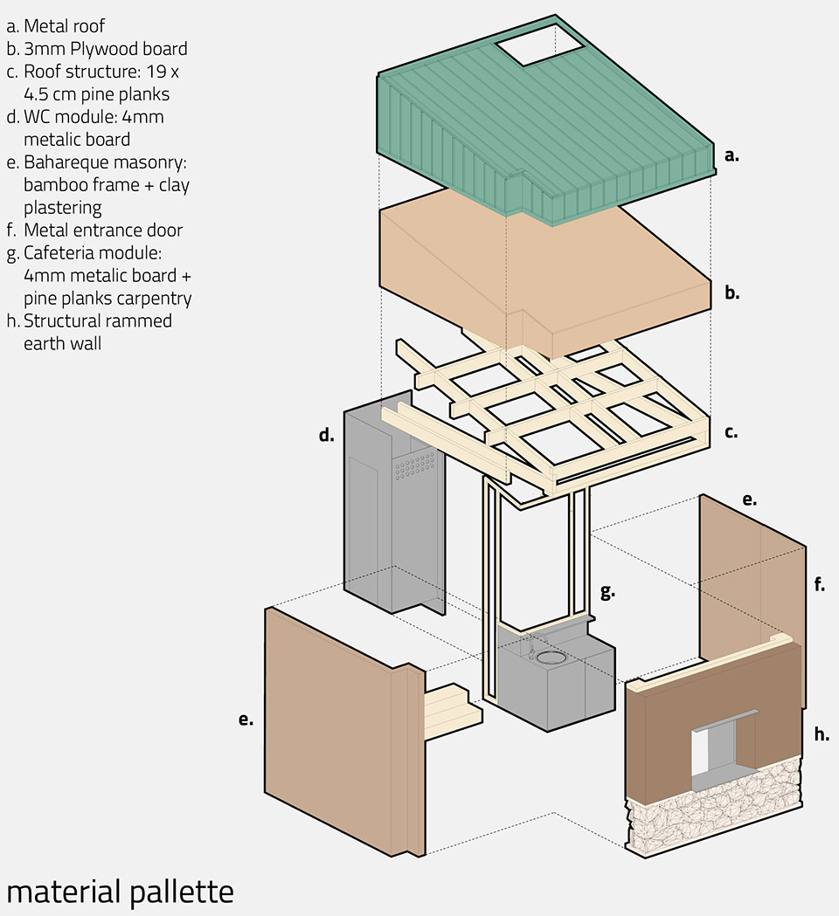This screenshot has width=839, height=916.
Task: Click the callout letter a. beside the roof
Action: coord(732,156)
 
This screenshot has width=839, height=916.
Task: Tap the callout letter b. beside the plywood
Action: coord(732,293)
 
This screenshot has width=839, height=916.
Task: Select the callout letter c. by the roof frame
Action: coord(732,431)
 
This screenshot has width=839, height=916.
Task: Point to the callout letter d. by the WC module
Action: coord(326,434)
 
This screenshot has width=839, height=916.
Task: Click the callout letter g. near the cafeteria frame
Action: coord(607,591)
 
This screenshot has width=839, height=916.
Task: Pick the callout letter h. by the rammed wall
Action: coord(822,734)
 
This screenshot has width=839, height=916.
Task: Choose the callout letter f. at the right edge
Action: coord(819,584)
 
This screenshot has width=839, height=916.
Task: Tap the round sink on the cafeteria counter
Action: coord(551,655)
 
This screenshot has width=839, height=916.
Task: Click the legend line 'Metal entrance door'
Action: coord(103,231)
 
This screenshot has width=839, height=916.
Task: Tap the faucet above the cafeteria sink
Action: coord(530,644)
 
